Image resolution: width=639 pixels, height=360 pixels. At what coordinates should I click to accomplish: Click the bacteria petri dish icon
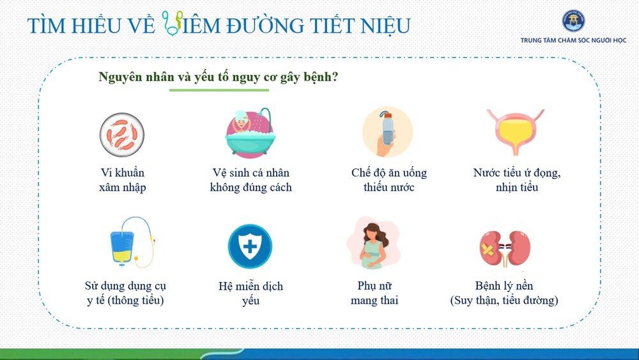(x=122, y=134)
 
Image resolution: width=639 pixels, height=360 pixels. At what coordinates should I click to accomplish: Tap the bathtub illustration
(x=250, y=134)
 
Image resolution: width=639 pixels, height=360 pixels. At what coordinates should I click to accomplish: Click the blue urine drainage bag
(x=122, y=247)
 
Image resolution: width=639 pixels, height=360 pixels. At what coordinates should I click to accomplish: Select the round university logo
(x=573, y=21)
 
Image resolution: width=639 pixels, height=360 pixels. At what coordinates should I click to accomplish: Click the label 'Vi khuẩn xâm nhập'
(x=122, y=180)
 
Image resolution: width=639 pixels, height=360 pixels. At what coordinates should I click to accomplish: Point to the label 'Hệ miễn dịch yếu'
(x=250, y=293)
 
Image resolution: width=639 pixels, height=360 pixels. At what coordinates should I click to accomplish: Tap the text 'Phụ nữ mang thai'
(x=374, y=293)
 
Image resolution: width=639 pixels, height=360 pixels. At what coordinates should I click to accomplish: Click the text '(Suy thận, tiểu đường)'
(x=504, y=300)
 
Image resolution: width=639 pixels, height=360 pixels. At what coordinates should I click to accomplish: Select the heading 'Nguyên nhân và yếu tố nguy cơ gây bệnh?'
(x=219, y=77)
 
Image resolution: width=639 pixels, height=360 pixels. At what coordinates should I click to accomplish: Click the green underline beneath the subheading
(x=219, y=90)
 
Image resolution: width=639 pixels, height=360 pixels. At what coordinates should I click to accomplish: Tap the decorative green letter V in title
(x=173, y=23)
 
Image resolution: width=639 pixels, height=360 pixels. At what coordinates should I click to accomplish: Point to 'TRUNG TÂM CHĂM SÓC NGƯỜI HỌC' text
(x=573, y=40)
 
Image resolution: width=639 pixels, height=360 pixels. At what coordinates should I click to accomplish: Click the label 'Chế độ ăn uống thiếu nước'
(x=389, y=180)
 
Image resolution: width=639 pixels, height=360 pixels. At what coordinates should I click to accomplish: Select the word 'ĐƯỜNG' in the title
(x=265, y=26)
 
